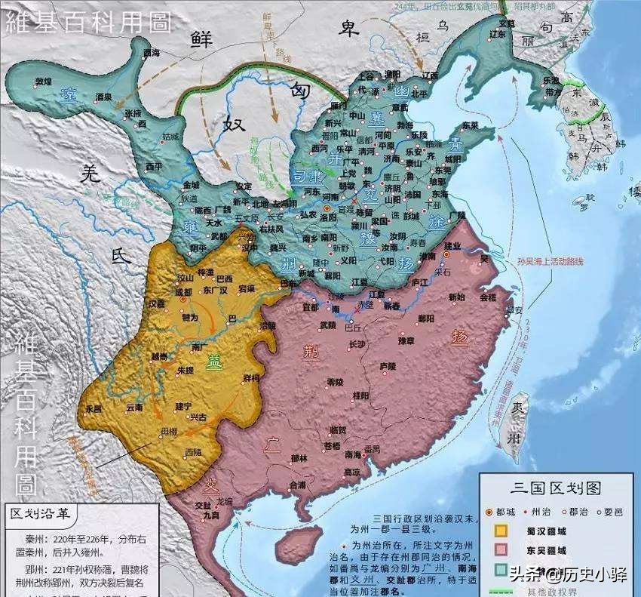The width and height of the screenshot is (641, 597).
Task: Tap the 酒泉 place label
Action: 103,97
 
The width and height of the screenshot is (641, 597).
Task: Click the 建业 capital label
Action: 452,246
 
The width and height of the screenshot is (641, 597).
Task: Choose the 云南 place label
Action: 134,406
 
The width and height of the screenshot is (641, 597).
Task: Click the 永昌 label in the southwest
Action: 94,408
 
